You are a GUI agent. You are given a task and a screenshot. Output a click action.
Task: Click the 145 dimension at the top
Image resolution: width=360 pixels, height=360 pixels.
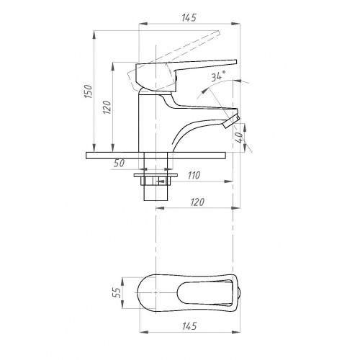[189, 17]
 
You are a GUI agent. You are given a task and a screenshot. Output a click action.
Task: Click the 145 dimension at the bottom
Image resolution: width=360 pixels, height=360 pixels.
[189, 326]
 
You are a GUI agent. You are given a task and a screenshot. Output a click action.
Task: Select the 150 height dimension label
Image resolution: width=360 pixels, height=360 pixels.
[88, 91]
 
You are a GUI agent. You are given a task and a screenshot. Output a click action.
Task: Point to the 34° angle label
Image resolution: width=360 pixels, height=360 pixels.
[218, 76]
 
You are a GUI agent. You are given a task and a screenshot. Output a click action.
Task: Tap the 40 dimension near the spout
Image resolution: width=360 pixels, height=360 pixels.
[239, 138]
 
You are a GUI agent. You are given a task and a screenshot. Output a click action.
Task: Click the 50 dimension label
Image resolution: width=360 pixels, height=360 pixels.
[119, 163]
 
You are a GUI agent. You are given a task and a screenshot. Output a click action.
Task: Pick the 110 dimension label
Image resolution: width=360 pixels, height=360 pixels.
[194, 176]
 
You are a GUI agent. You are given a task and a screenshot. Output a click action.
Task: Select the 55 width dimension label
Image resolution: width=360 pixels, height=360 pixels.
[117, 293]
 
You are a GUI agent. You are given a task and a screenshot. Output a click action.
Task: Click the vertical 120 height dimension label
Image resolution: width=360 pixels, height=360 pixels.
[107, 107]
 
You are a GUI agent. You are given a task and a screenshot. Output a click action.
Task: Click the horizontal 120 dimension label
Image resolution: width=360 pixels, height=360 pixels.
[197, 202]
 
